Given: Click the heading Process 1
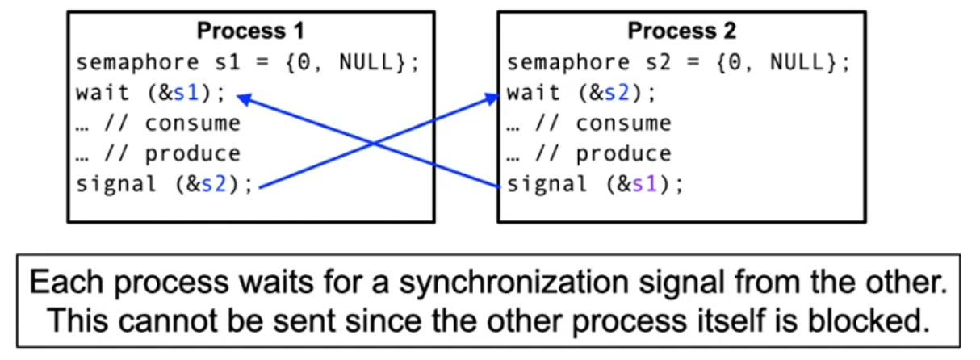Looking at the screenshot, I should coord(250,31).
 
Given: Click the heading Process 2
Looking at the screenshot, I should coord(681,31).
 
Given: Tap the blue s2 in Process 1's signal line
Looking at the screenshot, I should coord(215,184).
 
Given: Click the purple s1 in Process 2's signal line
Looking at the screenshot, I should coord(645,184).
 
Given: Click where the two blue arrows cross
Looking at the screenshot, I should coord(373,143).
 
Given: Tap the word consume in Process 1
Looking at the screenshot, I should coord(194,123).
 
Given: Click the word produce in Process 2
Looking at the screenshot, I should coord(624,153).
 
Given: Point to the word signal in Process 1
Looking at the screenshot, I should coord(116,184).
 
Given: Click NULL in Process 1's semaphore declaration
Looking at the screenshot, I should coord(366,62).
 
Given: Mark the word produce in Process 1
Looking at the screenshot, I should coord(194,153).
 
